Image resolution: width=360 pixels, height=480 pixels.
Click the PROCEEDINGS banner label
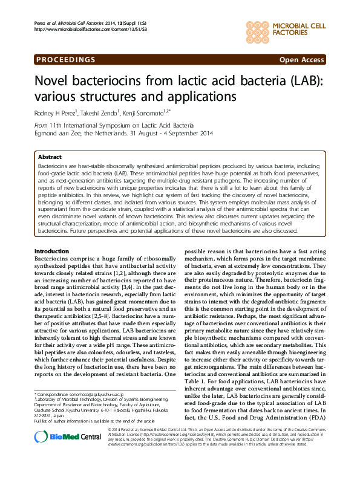pos(66,60)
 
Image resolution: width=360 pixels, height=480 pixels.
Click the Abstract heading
pos(50,156)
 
